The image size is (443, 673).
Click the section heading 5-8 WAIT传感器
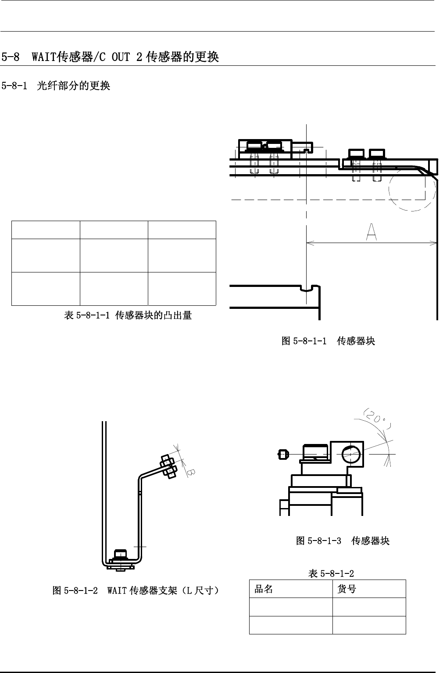tap(110, 57)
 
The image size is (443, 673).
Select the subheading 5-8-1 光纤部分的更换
tap(56, 86)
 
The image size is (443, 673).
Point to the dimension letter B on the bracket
tap(191, 472)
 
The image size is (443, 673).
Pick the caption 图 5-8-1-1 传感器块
tap(328, 341)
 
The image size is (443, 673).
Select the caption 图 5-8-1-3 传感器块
tap(343, 541)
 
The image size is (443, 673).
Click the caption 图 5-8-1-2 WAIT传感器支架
tap(136, 591)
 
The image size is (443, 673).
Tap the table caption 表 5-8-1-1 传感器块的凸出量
tap(128, 315)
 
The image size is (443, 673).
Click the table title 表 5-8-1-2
tap(331, 573)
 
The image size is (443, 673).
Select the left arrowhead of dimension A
tap(309, 242)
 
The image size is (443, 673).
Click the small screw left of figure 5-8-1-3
tap(283, 454)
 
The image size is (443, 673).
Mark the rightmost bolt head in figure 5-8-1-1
tap(377, 154)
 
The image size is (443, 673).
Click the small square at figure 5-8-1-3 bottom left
tap(284, 508)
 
